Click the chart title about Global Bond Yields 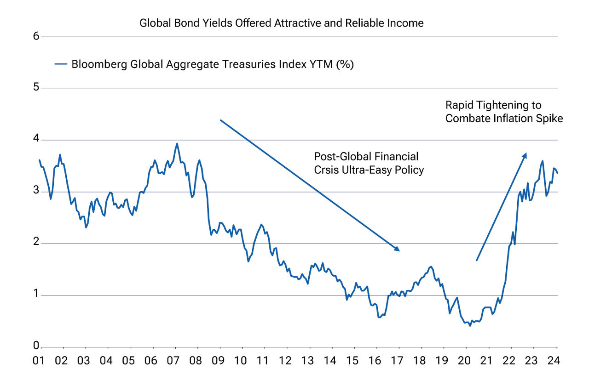(281, 23)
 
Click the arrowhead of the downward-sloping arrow (397, 249)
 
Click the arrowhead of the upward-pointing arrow (525, 156)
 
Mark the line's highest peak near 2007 (177, 143)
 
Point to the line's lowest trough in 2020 (470, 325)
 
